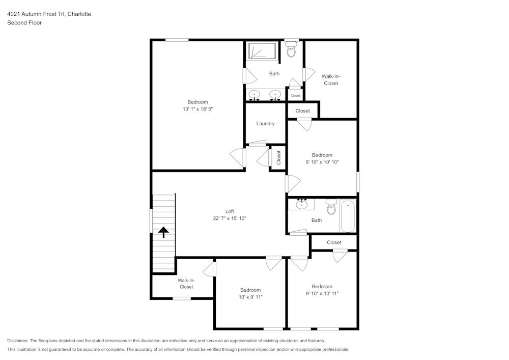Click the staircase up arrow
163,232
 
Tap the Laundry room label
265,123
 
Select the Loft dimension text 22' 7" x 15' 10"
230,218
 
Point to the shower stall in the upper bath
262,51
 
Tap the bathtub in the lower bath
349,216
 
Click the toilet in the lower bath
331,207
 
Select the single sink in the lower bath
302,205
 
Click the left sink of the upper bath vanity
254,94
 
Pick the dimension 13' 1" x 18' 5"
197,109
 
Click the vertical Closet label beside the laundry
278,157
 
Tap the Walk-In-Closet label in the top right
331,79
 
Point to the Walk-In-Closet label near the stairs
186,283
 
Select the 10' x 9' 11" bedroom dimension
250,297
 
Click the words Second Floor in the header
24,23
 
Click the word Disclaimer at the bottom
18,341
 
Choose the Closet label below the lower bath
334,242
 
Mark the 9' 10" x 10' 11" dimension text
322,293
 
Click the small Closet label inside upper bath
295,96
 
